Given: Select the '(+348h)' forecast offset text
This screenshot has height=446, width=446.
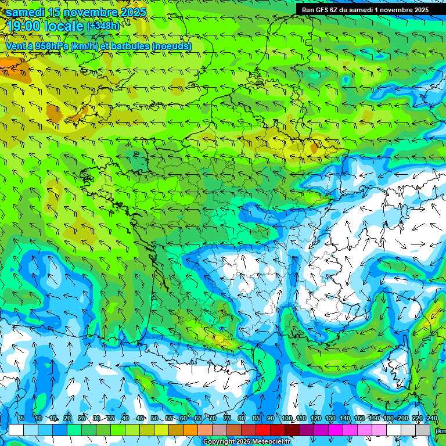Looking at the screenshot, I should click(103, 26).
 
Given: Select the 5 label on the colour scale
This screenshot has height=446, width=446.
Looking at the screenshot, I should click(22, 418).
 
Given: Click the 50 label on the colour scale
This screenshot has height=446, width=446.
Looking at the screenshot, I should click(154, 418).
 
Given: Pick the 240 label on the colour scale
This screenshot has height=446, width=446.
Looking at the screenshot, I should click(431, 418).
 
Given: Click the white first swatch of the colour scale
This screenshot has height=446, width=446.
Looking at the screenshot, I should click(16, 430).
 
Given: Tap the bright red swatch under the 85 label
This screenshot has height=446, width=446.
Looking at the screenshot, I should click(263, 430).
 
